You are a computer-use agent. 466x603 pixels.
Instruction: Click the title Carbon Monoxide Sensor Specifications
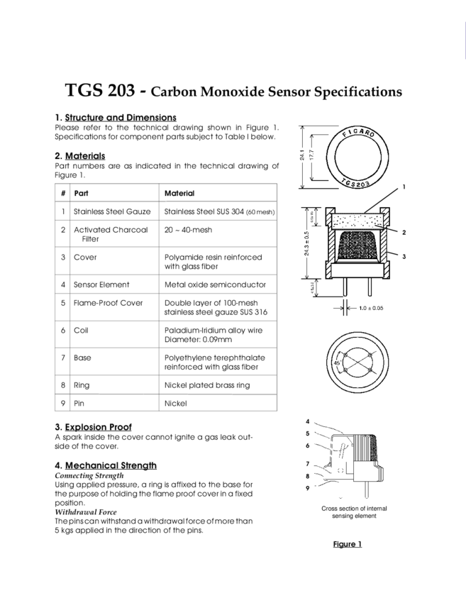tap(277, 93)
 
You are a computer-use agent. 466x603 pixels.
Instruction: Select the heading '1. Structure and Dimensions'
tap(116, 116)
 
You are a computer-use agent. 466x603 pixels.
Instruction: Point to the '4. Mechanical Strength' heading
tap(105, 465)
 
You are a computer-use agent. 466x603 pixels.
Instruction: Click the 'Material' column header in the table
tap(179, 192)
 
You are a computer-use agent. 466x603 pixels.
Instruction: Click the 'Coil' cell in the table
tap(79, 329)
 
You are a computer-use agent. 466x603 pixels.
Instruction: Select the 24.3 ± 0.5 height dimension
tap(307, 244)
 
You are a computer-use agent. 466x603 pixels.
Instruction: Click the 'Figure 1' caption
tap(348, 544)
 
